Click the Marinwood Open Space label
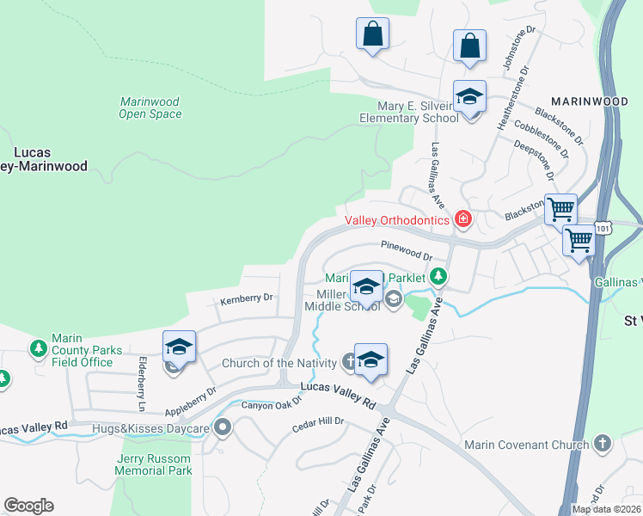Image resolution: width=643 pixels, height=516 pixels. tap(150, 107)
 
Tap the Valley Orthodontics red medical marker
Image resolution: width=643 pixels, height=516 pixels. tap(463, 220)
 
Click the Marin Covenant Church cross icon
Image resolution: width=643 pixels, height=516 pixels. tap(603, 444)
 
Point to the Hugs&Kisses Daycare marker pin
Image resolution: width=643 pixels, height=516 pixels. tap(224, 427)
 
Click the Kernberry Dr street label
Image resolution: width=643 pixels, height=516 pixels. tap(246, 299)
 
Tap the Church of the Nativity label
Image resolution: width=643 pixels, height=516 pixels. tap(279, 363)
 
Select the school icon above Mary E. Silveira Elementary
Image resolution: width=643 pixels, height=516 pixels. tap(469, 97)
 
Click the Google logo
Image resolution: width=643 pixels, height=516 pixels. tap(28, 506)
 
